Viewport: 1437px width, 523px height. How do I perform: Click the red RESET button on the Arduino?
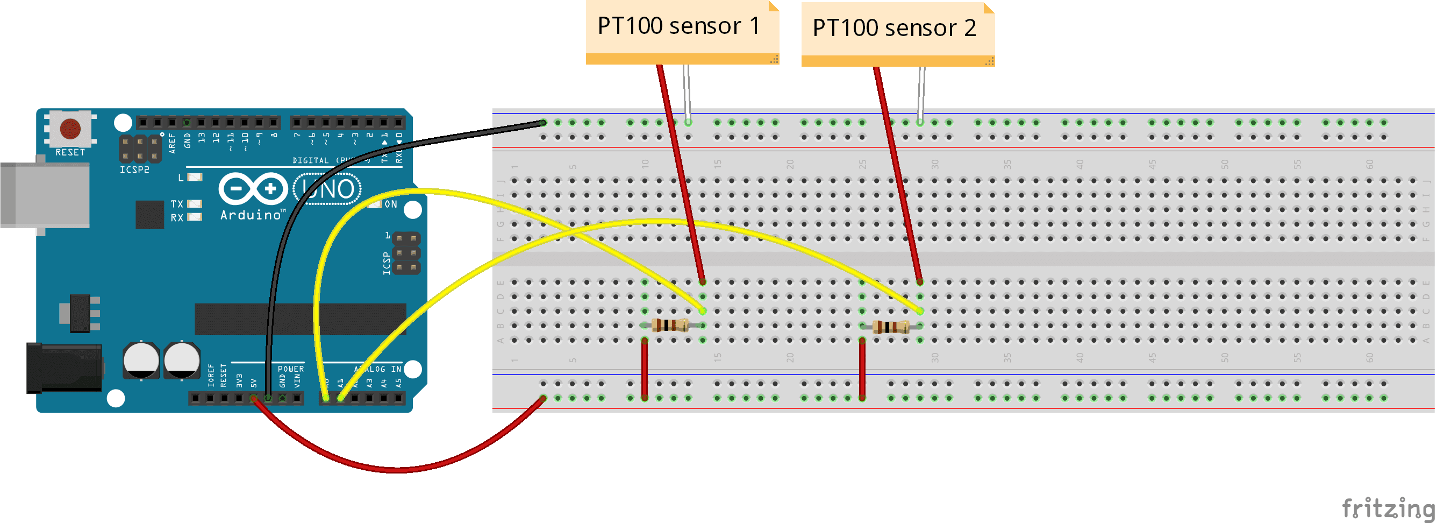click(x=70, y=129)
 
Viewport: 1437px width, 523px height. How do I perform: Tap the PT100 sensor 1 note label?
click(x=679, y=27)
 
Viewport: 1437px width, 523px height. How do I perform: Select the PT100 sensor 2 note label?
click(x=894, y=29)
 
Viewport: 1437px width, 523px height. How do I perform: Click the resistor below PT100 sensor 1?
click(x=669, y=325)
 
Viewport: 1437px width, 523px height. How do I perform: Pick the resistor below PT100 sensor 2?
click(x=890, y=327)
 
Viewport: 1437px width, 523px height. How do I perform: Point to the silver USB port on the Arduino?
click(x=45, y=195)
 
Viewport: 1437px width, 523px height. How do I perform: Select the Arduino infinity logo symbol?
click(x=253, y=189)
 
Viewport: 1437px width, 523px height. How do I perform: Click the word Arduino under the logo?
click(x=251, y=215)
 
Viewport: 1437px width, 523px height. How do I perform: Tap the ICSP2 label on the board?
click(x=134, y=169)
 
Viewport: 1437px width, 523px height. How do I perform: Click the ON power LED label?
click(x=390, y=204)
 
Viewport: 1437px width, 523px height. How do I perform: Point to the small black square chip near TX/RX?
click(x=149, y=214)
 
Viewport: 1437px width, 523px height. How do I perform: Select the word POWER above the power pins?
click(x=291, y=369)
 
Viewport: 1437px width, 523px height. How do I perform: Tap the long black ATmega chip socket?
click(x=300, y=319)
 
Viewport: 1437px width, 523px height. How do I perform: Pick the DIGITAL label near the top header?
click(x=310, y=161)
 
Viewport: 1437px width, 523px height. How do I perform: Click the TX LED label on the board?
click(x=177, y=204)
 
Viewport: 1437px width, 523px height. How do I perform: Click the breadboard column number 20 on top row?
click(x=790, y=164)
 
